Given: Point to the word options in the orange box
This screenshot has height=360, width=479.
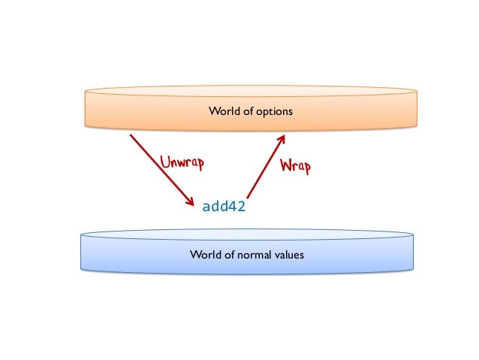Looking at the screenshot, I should tap(274, 111).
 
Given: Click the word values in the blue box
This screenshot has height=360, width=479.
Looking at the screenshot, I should tap(290, 255).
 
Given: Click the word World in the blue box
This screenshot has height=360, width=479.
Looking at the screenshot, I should tap(205, 255).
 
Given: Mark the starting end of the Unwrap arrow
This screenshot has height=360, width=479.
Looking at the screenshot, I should tap(131, 135).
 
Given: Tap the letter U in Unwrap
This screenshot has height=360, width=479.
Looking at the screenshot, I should tap(164, 160).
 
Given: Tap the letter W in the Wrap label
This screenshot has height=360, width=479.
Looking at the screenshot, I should tap(285, 165).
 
